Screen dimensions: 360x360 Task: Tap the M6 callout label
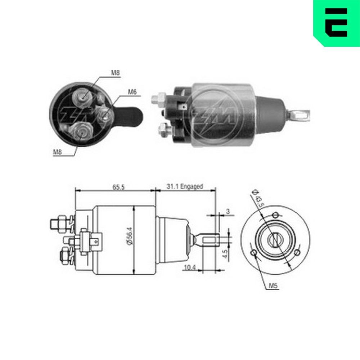[132, 92]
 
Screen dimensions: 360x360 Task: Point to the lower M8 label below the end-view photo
[58, 152]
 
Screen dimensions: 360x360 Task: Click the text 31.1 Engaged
[185, 186]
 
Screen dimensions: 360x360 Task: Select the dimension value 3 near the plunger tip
[228, 211]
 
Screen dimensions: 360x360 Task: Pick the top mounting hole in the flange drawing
[275, 215]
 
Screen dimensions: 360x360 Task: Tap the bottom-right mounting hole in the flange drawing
[297, 253]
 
